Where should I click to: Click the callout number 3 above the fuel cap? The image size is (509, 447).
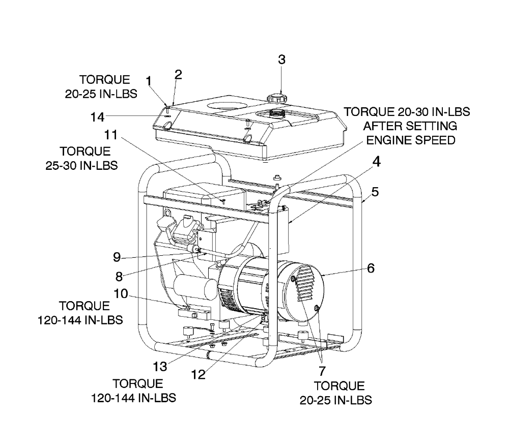pyautogui.click(x=282, y=59)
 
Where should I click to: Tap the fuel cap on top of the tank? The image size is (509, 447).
pyautogui.click(x=276, y=97)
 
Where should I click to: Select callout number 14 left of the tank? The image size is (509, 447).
pyautogui.click(x=97, y=117)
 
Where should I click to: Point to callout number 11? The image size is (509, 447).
pyautogui.click(x=110, y=134)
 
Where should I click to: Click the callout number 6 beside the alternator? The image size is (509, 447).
pyautogui.click(x=371, y=268)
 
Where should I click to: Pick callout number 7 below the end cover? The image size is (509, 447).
pyautogui.click(x=322, y=371)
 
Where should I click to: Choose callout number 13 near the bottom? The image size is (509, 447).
pyautogui.click(x=160, y=367)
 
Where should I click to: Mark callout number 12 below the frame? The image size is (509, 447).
pyautogui.click(x=199, y=375)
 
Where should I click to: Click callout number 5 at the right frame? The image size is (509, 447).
pyautogui.click(x=375, y=192)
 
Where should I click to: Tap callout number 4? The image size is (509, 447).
pyautogui.click(x=376, y=161)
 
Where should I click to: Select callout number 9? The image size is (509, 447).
pyautogui.click(x=117, y=257)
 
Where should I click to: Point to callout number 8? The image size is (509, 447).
pyautogui.click(x=119, y=276)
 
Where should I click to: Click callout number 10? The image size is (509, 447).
pyautogui.click(x=121, y=293)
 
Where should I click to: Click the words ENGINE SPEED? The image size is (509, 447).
pyautogui.click(x=411, y=140)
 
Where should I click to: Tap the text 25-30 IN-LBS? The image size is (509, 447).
pyautogui.click(x=81, y=165)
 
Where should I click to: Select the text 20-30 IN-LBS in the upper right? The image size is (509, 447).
pyautogui.click(x=433, y=111)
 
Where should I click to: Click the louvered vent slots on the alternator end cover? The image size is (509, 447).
pyautogui.click(x=304, y=283)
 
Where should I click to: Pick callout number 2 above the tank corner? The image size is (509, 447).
pyautogui.click(x=178, y=74)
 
